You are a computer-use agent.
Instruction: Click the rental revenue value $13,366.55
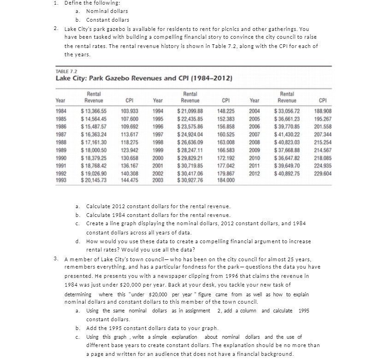click(x=93, y=111)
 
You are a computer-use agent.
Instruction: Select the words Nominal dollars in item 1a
click(x=107, y=11)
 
